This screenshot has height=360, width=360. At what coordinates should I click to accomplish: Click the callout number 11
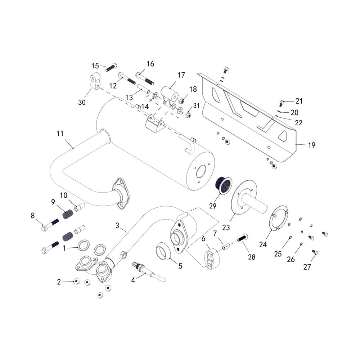point(60,134)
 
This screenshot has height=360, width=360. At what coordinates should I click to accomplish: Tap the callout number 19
point(311,145)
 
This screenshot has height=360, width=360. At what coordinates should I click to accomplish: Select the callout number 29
point(213,206)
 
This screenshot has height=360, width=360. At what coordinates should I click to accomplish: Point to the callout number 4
point(133,280)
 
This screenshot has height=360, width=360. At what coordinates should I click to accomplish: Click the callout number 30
point(82,102)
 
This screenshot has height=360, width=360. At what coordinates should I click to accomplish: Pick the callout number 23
point(226,228)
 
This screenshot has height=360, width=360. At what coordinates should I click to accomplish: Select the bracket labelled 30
point(96,81)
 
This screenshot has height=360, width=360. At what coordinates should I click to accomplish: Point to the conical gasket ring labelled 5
point(163,251)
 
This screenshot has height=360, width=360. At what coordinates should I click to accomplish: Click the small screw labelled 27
point(315,252)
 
